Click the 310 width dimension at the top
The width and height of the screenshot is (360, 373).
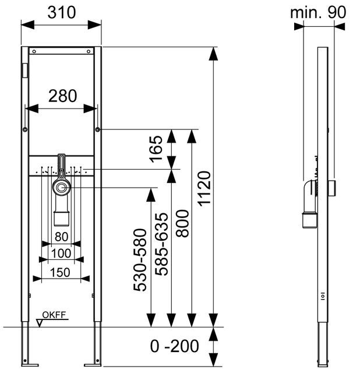(62, 12)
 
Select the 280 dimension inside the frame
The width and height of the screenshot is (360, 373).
(63, 96)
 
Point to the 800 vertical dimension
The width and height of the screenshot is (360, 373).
(182, 223)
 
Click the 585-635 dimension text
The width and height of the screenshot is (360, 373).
(161, 244)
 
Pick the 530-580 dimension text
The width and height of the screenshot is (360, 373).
(140, 260)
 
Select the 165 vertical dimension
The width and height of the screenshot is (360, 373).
(156, 149)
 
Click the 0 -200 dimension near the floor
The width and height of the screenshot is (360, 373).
(175, 346)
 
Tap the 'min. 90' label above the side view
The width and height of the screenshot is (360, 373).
(318, 12)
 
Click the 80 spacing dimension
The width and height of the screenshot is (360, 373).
(61, 237)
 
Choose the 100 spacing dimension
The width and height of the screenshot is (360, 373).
(61, 254)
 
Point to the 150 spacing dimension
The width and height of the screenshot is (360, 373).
(60, 272)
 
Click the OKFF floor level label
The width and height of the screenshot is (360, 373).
(54, 315)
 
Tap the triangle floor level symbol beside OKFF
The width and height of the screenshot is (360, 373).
(40, 323)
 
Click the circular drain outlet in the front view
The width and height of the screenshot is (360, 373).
(62, 188)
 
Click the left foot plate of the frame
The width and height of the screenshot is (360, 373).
(30, 365)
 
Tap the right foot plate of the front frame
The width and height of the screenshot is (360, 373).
(93, 365)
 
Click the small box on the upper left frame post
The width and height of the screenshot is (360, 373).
(24, 70)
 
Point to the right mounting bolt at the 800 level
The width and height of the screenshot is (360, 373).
(97, 129)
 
